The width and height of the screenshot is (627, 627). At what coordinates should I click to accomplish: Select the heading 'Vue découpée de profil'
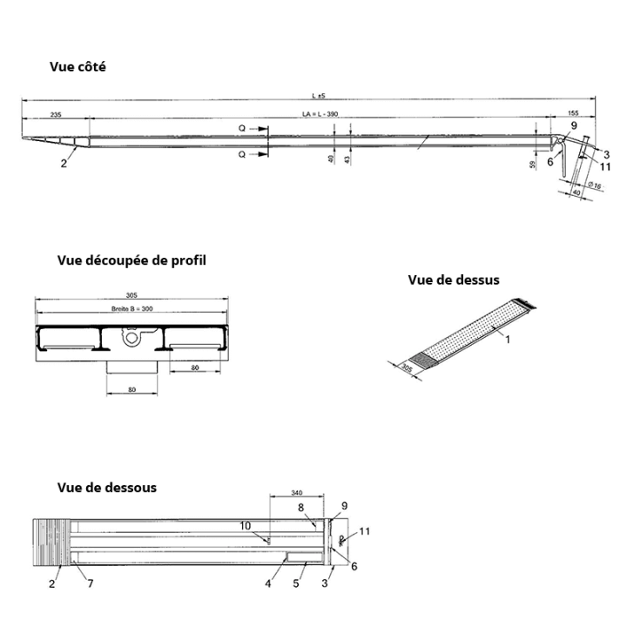[131, 260]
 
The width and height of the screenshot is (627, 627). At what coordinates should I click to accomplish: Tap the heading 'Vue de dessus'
[454, 280]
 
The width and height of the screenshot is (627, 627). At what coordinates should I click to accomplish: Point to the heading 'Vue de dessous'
[107, 487]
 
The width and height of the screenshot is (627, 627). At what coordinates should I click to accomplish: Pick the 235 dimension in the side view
[56, 114]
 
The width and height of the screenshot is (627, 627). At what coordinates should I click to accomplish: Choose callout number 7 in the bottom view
[90, 583]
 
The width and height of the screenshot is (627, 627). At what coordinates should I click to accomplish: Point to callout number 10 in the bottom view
[246, 525]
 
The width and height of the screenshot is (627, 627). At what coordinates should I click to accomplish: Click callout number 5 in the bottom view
[295, 583]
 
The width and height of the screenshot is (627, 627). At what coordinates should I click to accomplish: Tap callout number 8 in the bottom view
[300, 507]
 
